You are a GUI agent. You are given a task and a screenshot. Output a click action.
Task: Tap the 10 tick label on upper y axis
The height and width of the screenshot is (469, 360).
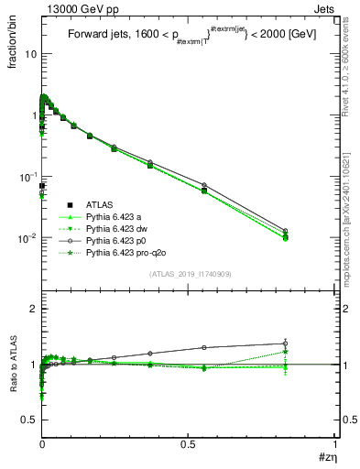tap(30, 53)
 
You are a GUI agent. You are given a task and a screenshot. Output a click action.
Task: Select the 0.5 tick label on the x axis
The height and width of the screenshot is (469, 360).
tap(189, 445)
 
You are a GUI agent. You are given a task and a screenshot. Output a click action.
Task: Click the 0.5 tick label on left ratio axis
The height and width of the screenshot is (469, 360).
tap(29, 419)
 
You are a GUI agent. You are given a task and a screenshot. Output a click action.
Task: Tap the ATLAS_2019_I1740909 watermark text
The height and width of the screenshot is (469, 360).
tap(189, 275)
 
